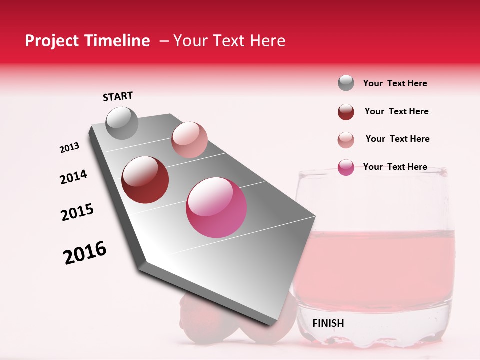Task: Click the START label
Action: (118, 96)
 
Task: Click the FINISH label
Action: (328, 323)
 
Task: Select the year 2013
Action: (70, 148)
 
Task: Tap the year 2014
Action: (74, 177)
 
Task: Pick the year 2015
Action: (77, 212)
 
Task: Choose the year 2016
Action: (85, 253)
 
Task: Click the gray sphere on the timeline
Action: (122, 123)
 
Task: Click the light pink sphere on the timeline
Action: (189, 140)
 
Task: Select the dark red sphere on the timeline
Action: (145, 180)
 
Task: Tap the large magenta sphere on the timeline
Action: (216, 207)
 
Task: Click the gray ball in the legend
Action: (346, 83)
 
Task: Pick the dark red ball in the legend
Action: (346, 112)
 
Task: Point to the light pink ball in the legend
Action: (346, 140)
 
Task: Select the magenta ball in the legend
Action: (346, 167)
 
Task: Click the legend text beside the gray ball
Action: (395, 83)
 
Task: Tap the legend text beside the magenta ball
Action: (395, 167)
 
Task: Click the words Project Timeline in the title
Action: (87, 41)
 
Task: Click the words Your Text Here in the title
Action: (229, 41)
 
